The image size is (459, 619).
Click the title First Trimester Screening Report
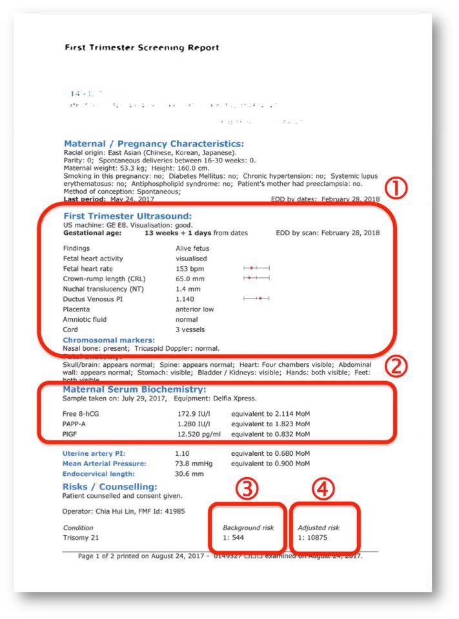tap(142, 48)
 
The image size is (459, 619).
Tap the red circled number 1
tap(396, 188)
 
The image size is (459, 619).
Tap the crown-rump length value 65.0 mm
tap(190, 279)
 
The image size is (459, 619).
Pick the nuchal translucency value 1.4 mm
tap(187, 289)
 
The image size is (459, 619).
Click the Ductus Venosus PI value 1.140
tap(185, 299)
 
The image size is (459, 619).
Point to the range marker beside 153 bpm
tap(256, 268)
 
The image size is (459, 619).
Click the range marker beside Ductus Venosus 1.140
tap(256, 299)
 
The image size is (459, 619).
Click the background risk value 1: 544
tap(233, 538)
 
